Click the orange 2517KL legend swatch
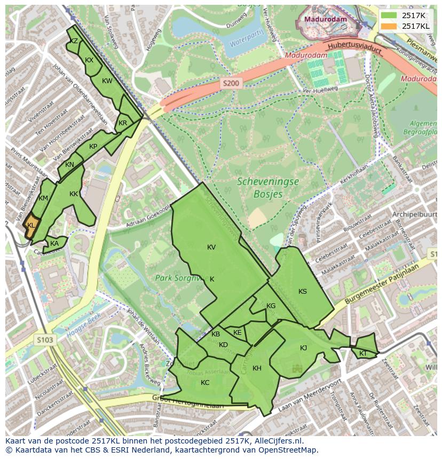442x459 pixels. pos(390,26)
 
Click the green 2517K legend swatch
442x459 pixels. pos(390,15)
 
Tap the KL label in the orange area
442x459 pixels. pos(31,226)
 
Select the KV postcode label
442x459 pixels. pos(211,247)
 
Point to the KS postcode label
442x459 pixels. pos(303,291)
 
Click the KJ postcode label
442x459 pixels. pos(303,348)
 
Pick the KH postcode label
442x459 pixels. pos(257,368)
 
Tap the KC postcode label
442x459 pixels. pos(205,382)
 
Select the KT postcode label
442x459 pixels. pos(363,353)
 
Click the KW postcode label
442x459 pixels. pos(107,81)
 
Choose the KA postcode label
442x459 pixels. pos(54,244)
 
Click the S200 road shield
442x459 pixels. pos(231,83)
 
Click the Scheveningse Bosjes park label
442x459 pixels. pos(268,188)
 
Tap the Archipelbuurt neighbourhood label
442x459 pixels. pos(414,215)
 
